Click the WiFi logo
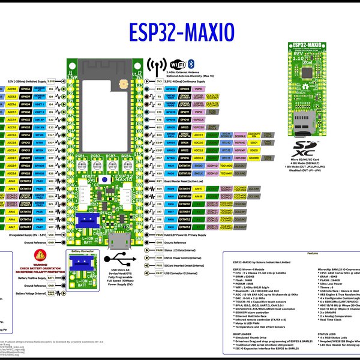[x=177, y=64]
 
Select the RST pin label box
[x=159, y=181]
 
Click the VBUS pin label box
[x=159, y=235]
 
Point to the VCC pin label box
[x=50, y=235]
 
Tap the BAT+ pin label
[x=51, y=278]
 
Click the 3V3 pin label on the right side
[x=159, y=80]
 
